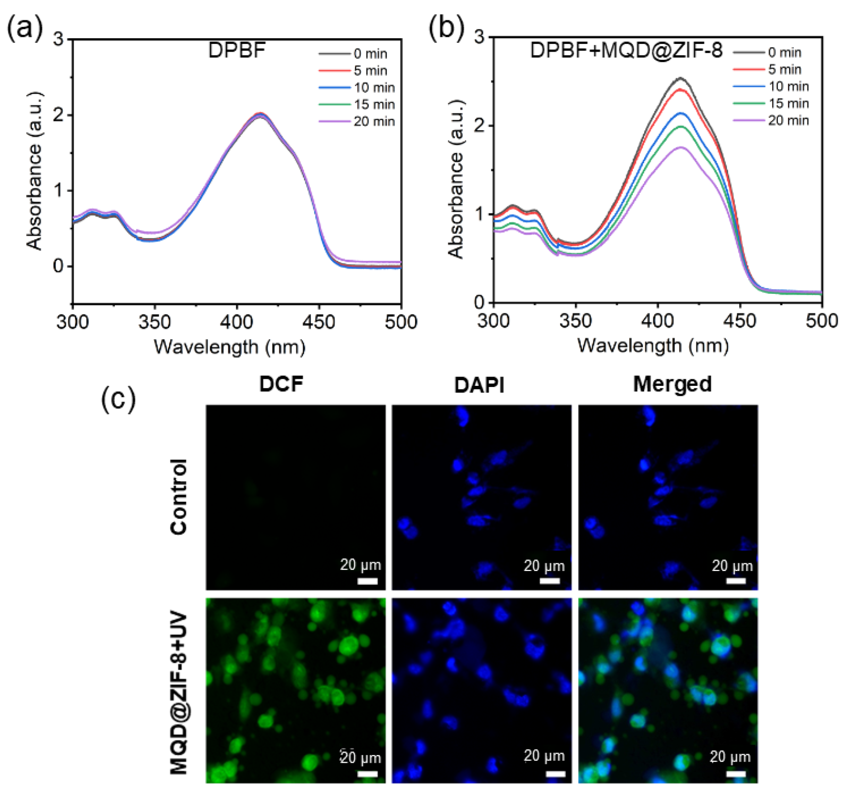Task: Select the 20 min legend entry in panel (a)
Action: tap(357, 121)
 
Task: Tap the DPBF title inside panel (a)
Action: tap(237, 51)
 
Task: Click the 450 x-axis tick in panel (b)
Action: tap(740, 321)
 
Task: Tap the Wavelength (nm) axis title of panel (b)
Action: tap(653, 346)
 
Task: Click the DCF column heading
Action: tap(281, 384)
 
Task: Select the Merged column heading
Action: tap(672, 384)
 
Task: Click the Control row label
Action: tap(178, 497)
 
